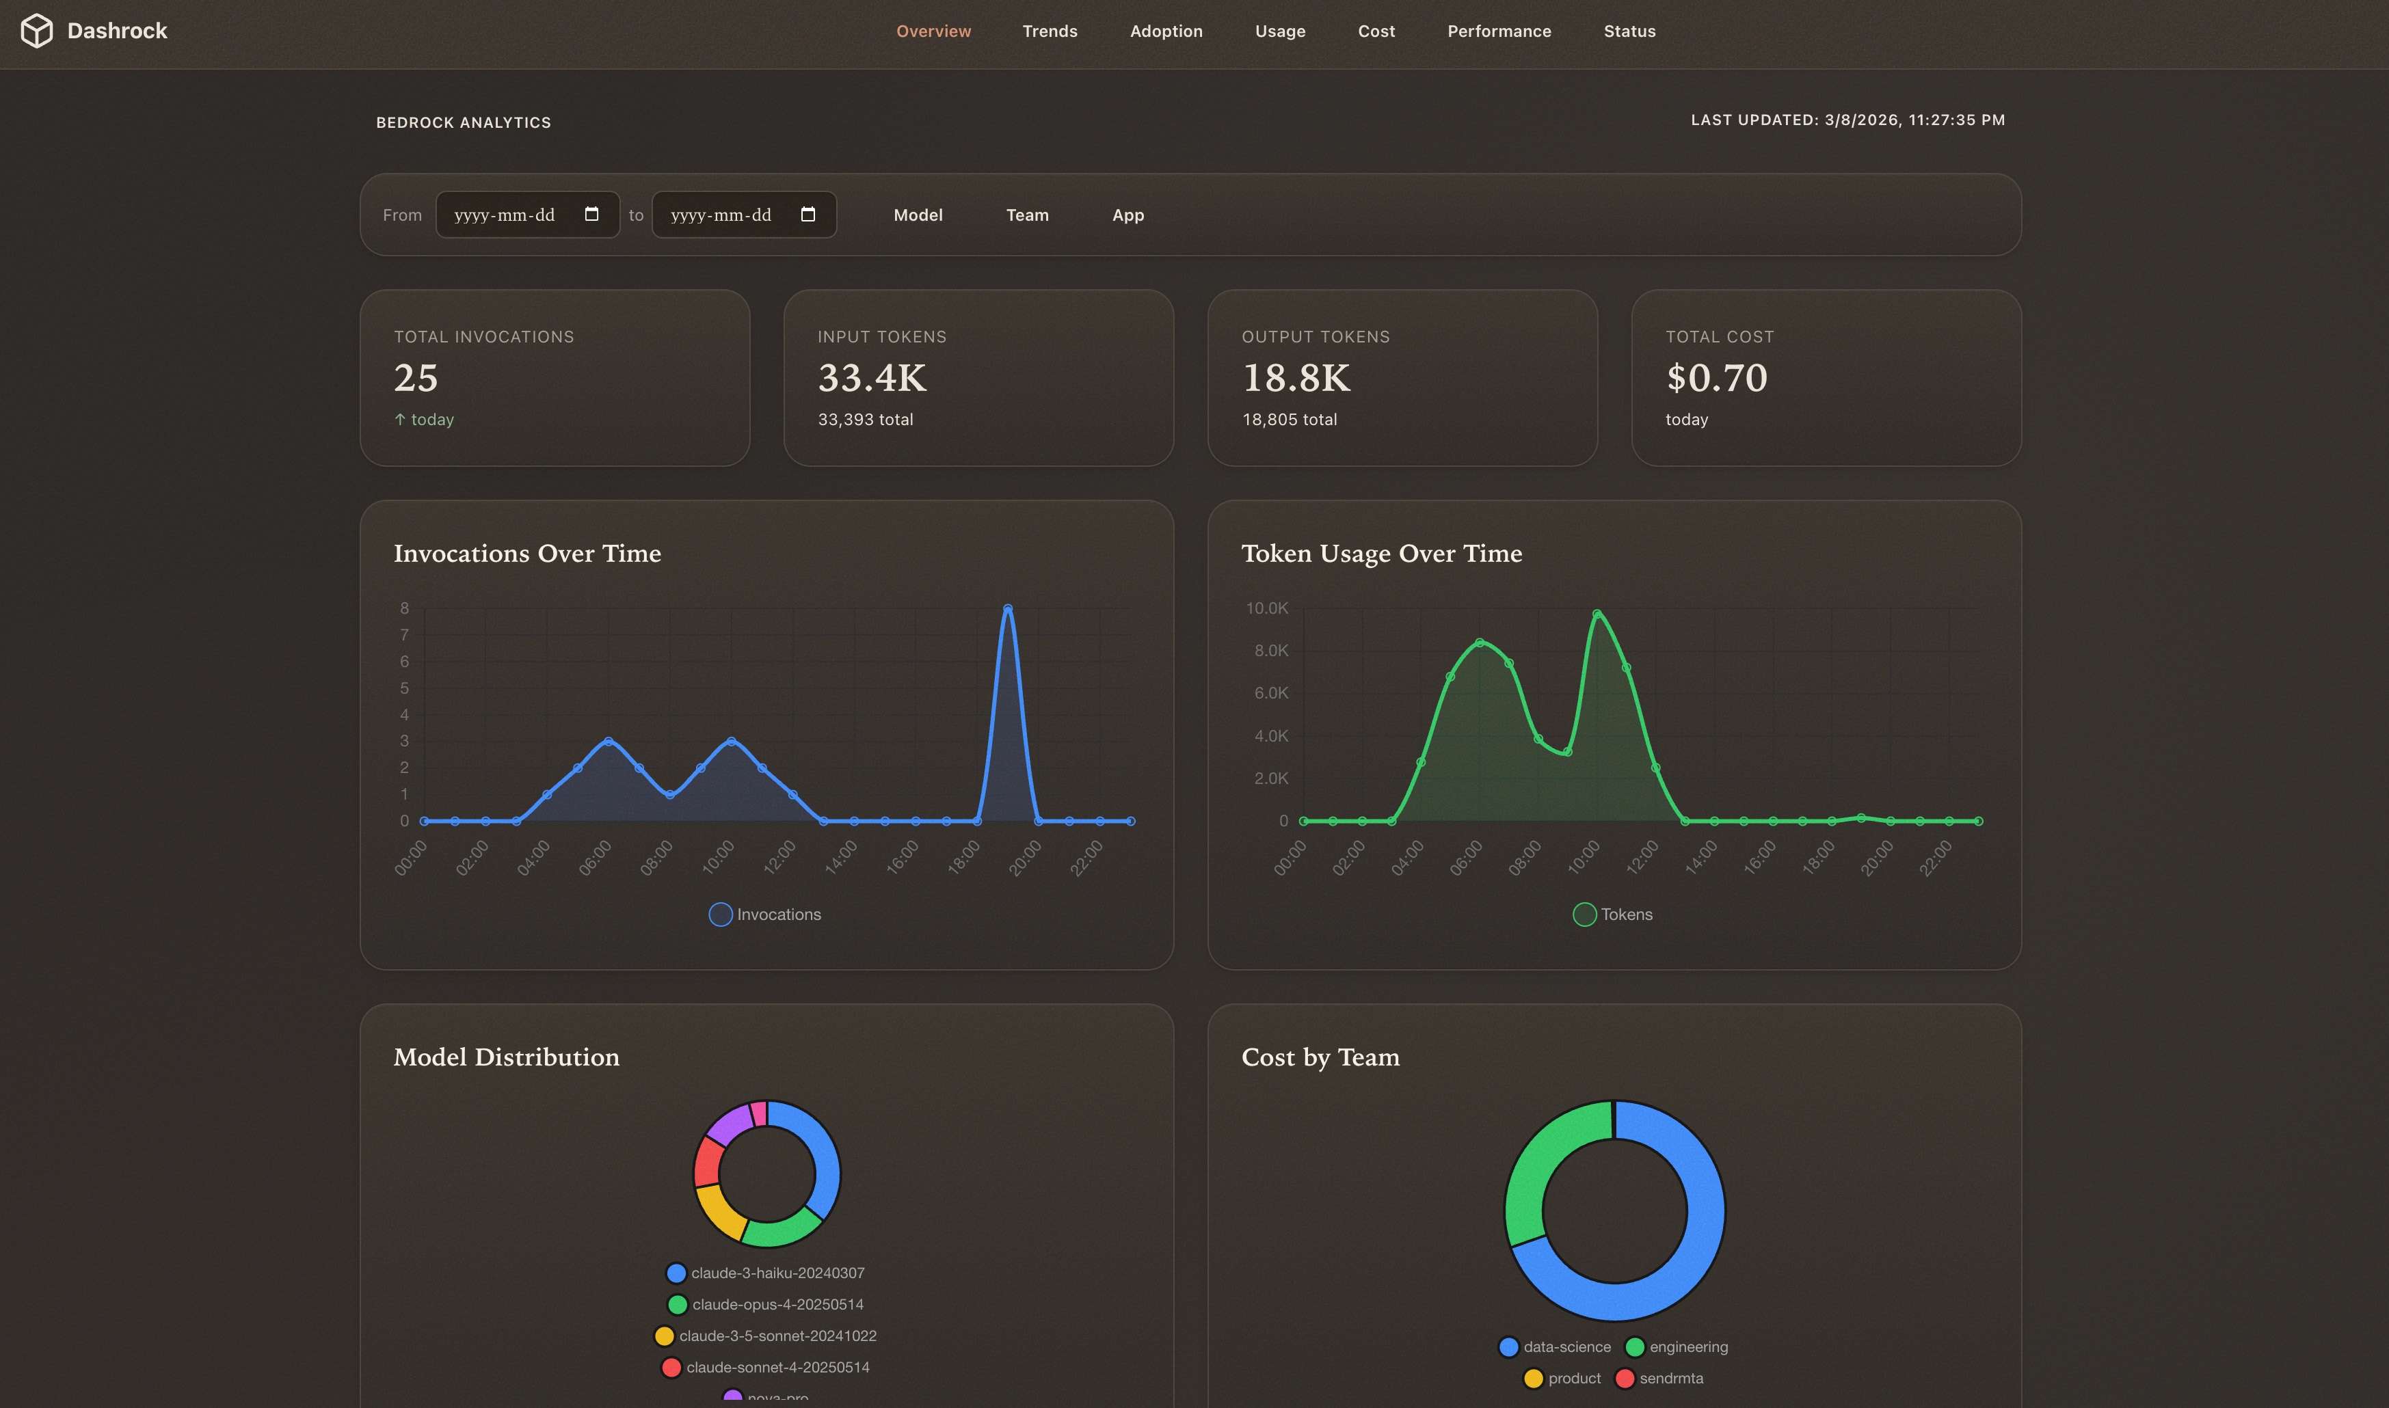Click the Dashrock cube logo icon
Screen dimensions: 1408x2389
[x=37, y=30]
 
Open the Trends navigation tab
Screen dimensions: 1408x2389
[x=1050, y=31]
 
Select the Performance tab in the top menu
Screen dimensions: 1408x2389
[x=1499, y=31]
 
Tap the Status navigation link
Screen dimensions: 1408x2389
[x=1629, y=31]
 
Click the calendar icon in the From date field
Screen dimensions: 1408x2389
[x=591, y=215]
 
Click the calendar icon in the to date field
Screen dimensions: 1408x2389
[x=808, y=215]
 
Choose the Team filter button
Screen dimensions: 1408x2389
[x=1027, y=215]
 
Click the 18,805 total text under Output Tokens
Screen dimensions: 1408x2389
[x=1289, y=420]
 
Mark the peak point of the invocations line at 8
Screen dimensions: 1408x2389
[x=1007, y=609]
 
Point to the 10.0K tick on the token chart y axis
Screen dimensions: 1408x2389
[x=1266, y=608]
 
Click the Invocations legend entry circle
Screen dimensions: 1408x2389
[x=721, y=915]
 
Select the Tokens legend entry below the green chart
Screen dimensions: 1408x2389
[x=1614, y=915]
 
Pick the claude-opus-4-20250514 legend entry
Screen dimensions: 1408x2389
[x=767, y=1305]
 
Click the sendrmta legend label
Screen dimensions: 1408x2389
[x=1670, y=1379]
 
